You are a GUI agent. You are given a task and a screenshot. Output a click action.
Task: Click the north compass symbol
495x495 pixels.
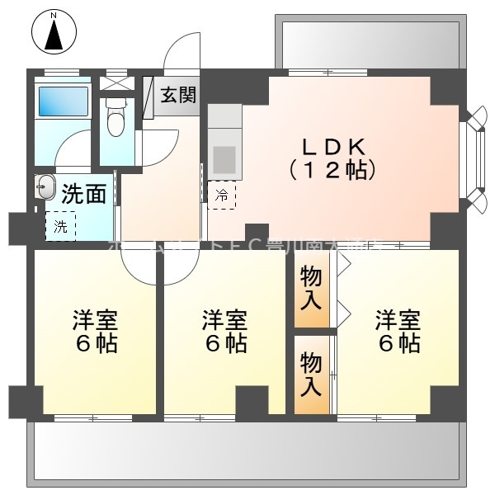(54, 32)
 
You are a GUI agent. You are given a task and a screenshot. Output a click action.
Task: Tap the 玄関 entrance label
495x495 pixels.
(178, 94)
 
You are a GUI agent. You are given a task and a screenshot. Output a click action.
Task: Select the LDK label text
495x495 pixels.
(332, 147)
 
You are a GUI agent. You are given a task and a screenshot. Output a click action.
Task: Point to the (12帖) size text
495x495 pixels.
(332, 171)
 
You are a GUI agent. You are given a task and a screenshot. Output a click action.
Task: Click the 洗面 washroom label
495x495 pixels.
(84, 194)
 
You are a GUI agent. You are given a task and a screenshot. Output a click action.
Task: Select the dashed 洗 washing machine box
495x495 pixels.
(60, 226)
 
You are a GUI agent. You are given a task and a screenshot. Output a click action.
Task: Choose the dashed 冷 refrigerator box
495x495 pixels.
(221, 196)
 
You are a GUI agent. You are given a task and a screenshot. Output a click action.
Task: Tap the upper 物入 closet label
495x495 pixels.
(310, 287)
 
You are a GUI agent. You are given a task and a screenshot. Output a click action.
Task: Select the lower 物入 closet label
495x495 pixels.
(310, 373)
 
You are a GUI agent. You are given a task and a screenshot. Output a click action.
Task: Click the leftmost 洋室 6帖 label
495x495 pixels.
(94, 331)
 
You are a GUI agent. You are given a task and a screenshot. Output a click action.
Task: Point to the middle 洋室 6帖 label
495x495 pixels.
(224, 331)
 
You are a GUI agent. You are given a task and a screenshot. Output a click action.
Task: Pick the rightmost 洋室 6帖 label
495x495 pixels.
(398, 331)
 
